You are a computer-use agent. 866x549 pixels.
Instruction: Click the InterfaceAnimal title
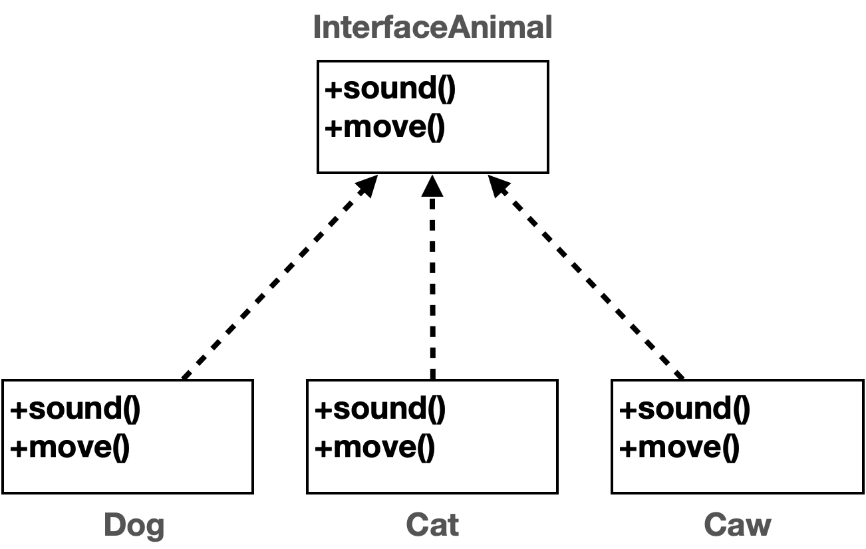click(x=432, y=28)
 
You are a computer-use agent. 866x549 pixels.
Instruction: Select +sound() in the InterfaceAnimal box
click(x=390, y=88)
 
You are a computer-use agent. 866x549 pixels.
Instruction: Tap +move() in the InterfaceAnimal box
click(x=384, y=126)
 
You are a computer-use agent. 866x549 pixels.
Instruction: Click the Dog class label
click(x=134, y=525)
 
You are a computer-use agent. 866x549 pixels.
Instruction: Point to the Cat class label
click(x=432, y=525)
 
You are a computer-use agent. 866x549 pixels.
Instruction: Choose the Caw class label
click(x=737, y=525)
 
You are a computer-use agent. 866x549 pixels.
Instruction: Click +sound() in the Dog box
click(x=75, y=409)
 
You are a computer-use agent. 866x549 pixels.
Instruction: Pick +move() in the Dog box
click(x=69, y=447)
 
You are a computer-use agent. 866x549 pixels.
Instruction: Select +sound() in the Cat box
click(x=380, y=409)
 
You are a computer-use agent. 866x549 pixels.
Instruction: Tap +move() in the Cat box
click(x=374, y=447)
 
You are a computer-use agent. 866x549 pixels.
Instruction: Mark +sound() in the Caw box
click(x=684, y=409)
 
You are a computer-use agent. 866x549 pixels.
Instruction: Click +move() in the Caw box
click(x=678, y=447)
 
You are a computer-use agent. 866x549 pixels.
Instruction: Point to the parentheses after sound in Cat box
click(x=436, y=409)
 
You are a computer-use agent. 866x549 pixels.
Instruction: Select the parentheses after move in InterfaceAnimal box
click(x=435, y=126)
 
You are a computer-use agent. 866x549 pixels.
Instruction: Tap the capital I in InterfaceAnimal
click(x=318, y=28)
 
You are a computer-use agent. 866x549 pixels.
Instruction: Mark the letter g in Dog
click(x=154, y=528)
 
